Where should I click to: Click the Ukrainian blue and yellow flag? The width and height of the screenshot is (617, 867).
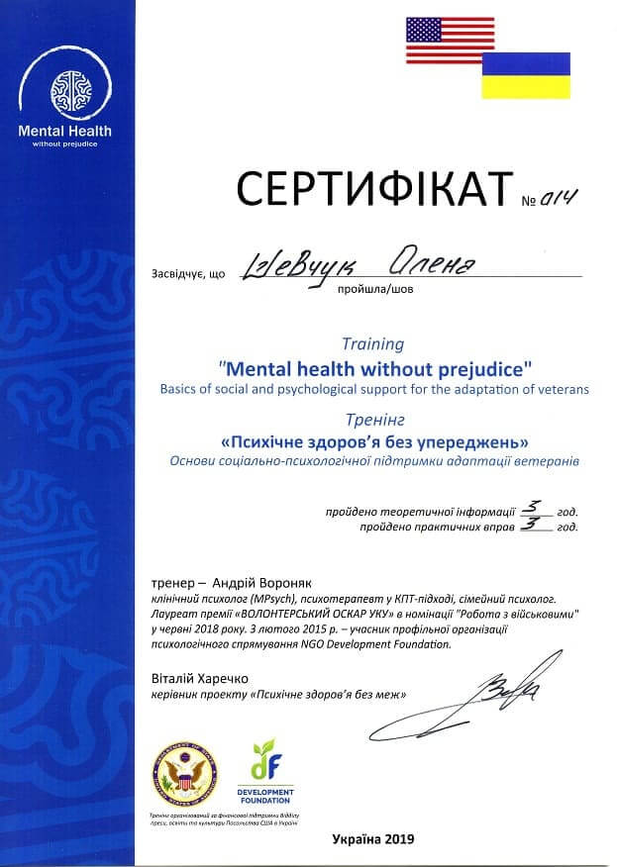pyautogui.click(x=526, y=75)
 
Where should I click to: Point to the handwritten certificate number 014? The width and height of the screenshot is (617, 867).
pyautogui.click(x=559, y=196)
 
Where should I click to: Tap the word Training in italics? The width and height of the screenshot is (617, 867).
pyautogui.click(x=372, y=344)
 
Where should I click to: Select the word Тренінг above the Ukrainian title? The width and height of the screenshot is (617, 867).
pyautogui.click(x=372, y=417)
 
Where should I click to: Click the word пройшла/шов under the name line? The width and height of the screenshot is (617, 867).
pyautogui.click(x=371, y=290)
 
